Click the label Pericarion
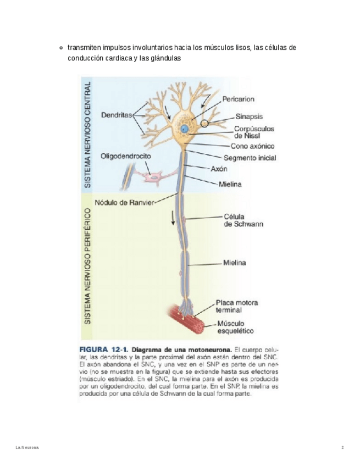[x=238, y=99]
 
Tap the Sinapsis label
[x=249, y=116]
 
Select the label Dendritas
[x=117, y=115]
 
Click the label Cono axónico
[x=252, y=147]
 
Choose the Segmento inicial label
[x=253, y=158]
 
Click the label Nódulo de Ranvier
[x=125, y=202]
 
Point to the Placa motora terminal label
[x=237, y=306]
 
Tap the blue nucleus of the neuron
[x=185, y=129]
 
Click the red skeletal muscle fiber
[x=187, y=320]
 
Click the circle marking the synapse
[x=205, y=123]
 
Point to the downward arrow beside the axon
[x=174, y=218]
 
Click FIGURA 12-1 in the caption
[x=104, y=349]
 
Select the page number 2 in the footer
[x=342, y=448]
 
